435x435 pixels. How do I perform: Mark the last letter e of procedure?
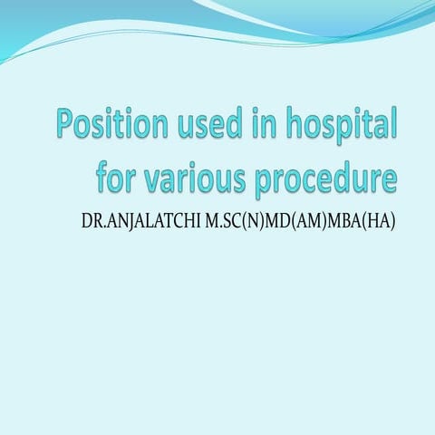tap(390, 177)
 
